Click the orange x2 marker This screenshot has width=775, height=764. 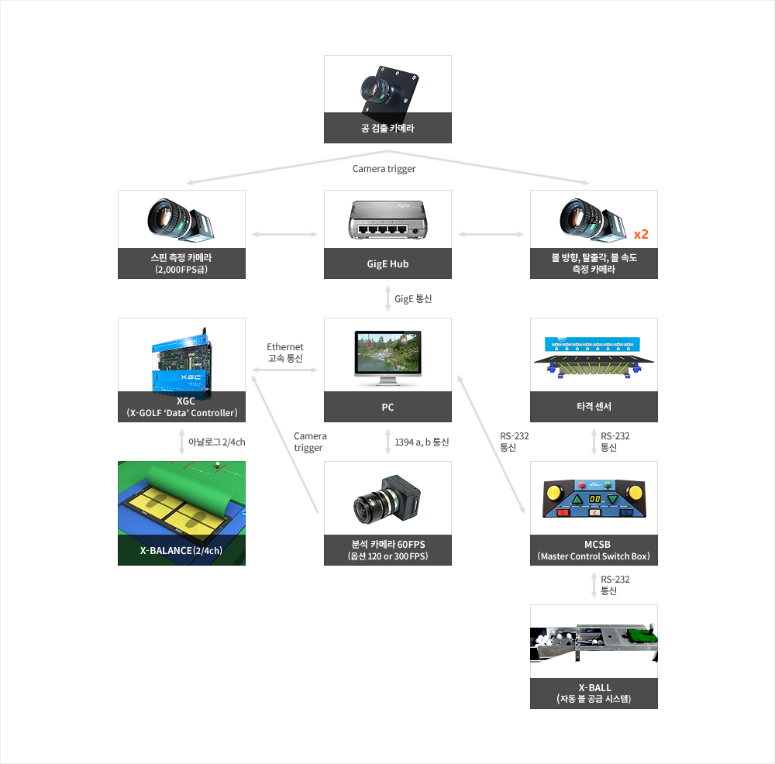tap(640, 234)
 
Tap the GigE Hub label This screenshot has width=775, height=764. tap(387, 263)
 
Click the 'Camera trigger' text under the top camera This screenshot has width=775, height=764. tap(384, 169)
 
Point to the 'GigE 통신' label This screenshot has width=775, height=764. tap(414, 298)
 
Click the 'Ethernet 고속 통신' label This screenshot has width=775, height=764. tap(285, 353)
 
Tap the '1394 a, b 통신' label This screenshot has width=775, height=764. tap(422, 442)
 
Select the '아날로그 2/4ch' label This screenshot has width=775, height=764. tap(216, 442)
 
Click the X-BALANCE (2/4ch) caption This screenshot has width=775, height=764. tap(181, 551)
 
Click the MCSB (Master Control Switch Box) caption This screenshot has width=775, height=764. tap(594, 550)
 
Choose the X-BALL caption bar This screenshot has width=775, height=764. tap(594, 693)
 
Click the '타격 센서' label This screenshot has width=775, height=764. tap(594, 407)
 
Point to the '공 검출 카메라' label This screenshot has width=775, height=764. tap(387, 128)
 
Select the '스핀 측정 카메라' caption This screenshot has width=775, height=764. tap(181, 263)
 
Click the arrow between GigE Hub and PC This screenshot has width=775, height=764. tap(387, 298)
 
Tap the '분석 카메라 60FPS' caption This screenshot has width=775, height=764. tap(387, 550)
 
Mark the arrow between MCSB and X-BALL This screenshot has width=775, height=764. tap(594, 585)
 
